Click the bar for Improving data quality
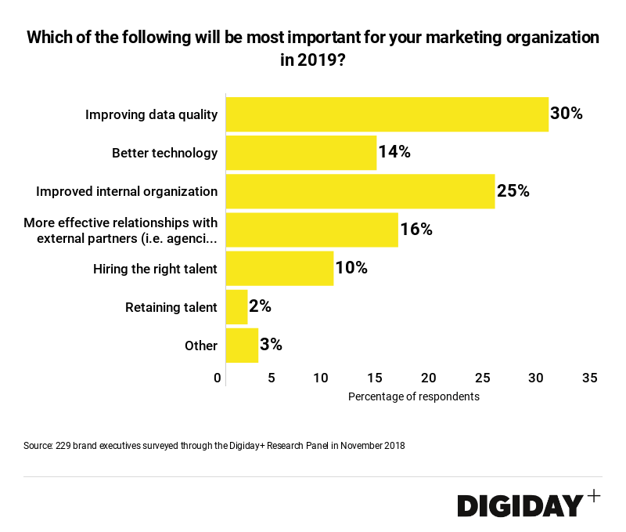click(x=387, y=114)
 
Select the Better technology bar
click(x=301, y=153)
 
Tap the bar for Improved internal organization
click(x=360, y=191)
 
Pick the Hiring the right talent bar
click(x=279, y=268)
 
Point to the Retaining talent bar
click(x=236, y=307)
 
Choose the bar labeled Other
click(x=242, y=346)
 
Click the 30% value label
click(x=567, y=114)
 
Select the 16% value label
click(x=416, y=230)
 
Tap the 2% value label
click(x=260, y=307)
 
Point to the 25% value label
click(x=513, y=191)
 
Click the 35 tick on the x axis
click(x=590, y=378)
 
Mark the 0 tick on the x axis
click(x=218, y=378)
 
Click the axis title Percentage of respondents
click(x=413, y=396)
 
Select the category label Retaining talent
click(x=171, y=307)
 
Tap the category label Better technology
click(x=164, y=153)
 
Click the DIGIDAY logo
click(x=520, y=505)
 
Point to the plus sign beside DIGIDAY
click(x=594, y=495)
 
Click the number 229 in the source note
click(x=64, y=446)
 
